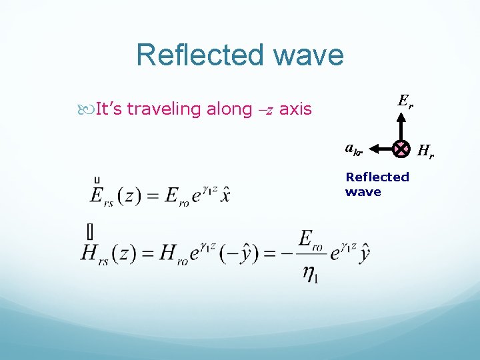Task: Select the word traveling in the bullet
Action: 165,109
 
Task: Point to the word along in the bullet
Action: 229,108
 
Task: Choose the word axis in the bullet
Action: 295,109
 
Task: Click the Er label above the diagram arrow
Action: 405,102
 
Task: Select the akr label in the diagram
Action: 354,149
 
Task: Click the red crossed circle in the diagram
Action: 401,149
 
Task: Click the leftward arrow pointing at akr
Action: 380,149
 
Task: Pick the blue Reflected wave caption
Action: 377,184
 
